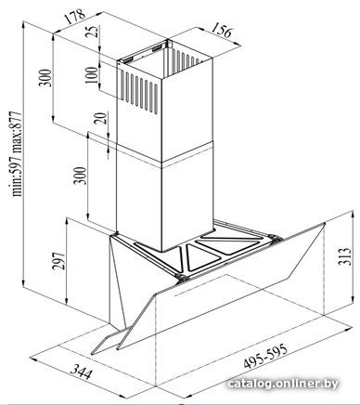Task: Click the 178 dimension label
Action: click(x=74, y=18)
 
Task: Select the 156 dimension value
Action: click(x=222, y=31)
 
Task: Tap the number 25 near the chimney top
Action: click(x=92, y=32)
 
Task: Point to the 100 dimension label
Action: click(x=91, y=75)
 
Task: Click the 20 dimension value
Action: click(x=100, y=119)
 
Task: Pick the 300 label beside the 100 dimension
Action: click(x=45, y=78)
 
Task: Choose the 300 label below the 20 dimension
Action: click(x=80, y=176)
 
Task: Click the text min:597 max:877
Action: click(x=16, y=154)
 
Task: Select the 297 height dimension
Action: click(x=58, y=261)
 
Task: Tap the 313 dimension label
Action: click(x=345, y=256)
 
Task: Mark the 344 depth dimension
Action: click(x=81, y=372)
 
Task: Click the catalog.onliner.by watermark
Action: click(x=283, y=384)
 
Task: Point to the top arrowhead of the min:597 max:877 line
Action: click(x=23, y=25)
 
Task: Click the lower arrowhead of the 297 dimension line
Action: click(x=66, y=301)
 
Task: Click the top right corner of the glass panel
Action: click(x=324, y=224)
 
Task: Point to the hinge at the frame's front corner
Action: click(x=182, y=277)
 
